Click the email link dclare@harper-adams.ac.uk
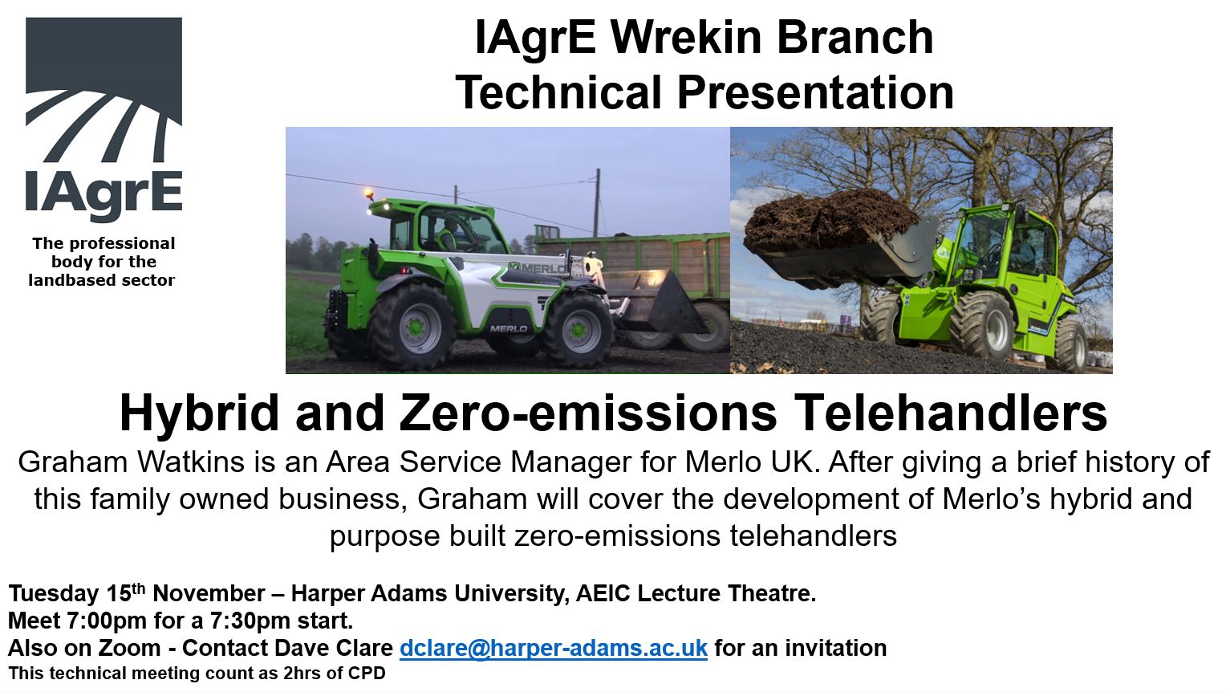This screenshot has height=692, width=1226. tap(554, 648)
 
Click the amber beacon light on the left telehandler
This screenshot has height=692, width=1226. tap(369, 193)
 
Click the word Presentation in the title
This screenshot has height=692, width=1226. tap(815, 93)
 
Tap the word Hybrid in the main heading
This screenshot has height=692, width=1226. tap(199, 414)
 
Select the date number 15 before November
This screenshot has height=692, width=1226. tap(119, 593)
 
